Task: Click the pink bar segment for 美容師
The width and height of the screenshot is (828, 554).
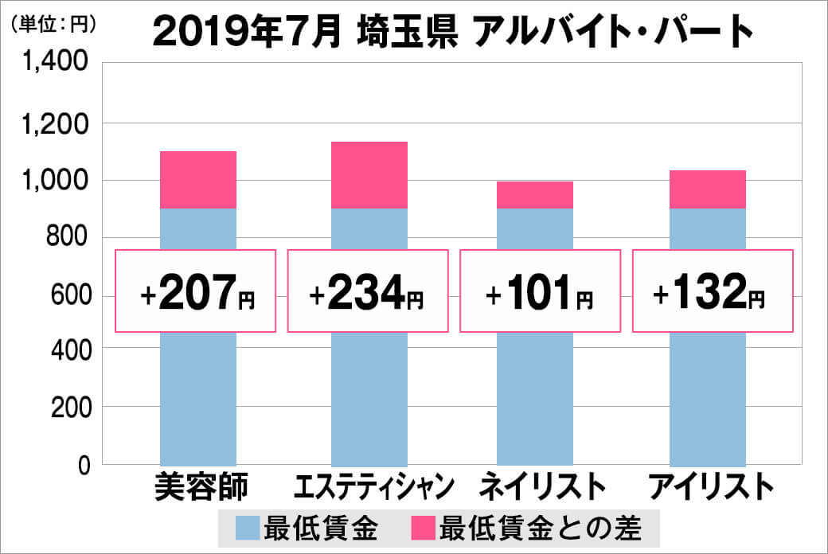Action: (198, 180)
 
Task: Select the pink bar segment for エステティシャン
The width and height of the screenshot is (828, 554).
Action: (369, 175)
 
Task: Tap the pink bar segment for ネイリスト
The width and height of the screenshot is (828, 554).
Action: (535, 195)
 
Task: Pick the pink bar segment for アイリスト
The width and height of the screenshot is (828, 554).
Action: (708, 189)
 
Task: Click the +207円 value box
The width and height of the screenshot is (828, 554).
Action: (197, 291)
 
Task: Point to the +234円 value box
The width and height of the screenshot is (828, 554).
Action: (367, 291)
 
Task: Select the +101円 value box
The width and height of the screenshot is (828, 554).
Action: (539, 291)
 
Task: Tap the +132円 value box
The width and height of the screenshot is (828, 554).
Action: (713, 291)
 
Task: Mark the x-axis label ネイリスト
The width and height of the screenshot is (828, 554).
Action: (537, 486)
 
